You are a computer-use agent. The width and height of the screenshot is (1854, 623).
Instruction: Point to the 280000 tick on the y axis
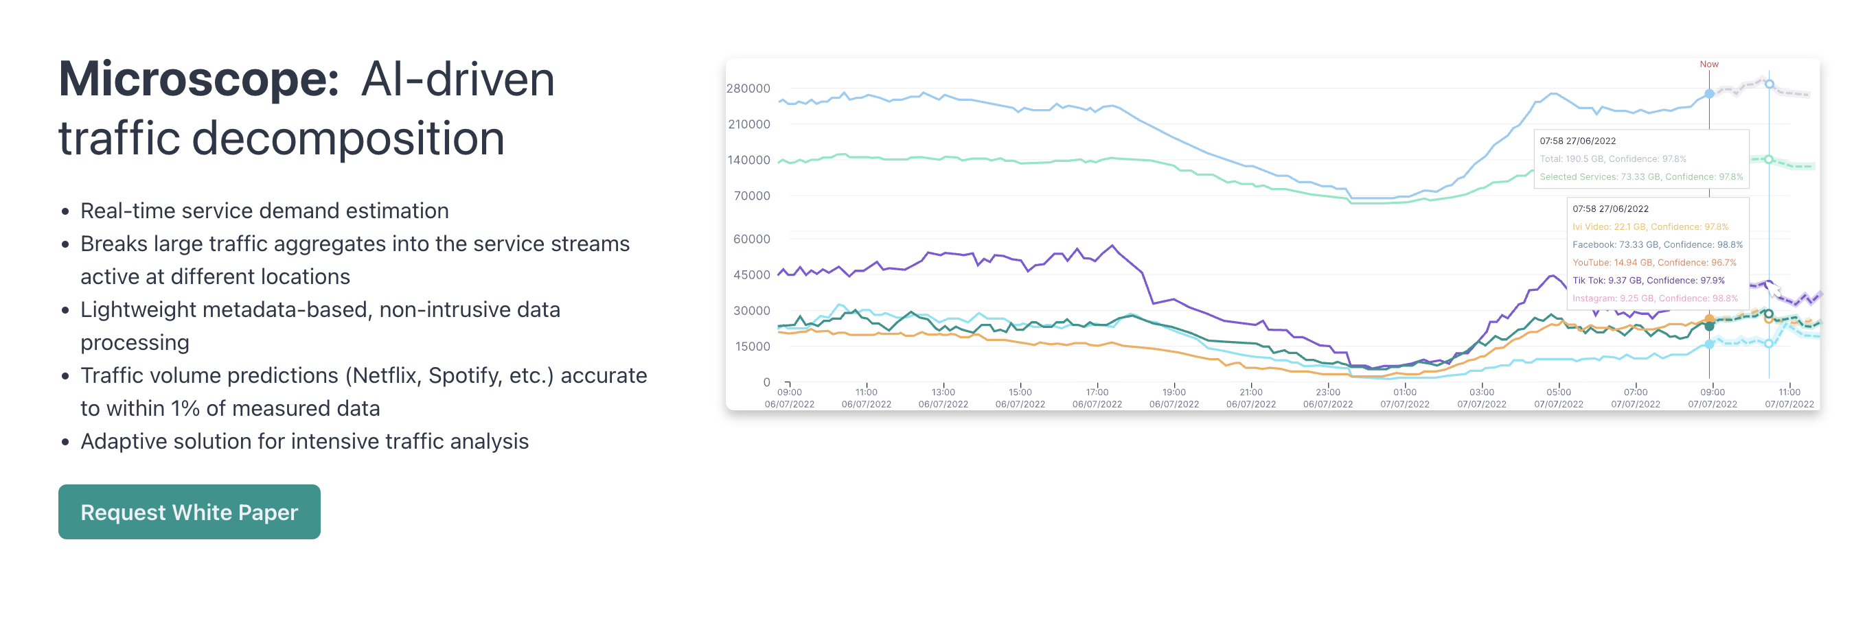[x=748, y=89]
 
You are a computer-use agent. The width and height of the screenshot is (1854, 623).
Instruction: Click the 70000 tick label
[x=751, y=196]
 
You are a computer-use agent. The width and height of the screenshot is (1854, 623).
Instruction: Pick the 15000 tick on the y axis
[x=752, y=346]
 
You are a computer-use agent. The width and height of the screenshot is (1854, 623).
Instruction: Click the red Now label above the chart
[x=1708, y=64]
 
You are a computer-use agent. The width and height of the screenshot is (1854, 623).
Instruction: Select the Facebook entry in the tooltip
[x=1657, y=244]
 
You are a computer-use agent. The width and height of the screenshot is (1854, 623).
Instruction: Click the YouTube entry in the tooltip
[x=1654, y=263]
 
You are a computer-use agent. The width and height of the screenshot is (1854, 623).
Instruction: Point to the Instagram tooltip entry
[x=1655, y=298]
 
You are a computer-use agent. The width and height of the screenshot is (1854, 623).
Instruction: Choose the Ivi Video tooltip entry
[x=1649, y=226]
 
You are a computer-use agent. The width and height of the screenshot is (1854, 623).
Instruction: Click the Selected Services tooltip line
[x=1641, y=177]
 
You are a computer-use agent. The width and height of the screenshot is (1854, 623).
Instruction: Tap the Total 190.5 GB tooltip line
[x=1612, y=159]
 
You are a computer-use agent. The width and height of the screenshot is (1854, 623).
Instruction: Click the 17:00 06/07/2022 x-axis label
[x=1097, y=398]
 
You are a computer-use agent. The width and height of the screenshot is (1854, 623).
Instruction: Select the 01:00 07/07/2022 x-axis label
[x=1404, y=398]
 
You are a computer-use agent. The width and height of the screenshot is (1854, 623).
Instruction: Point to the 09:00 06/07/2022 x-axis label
[x=789, y=398]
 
